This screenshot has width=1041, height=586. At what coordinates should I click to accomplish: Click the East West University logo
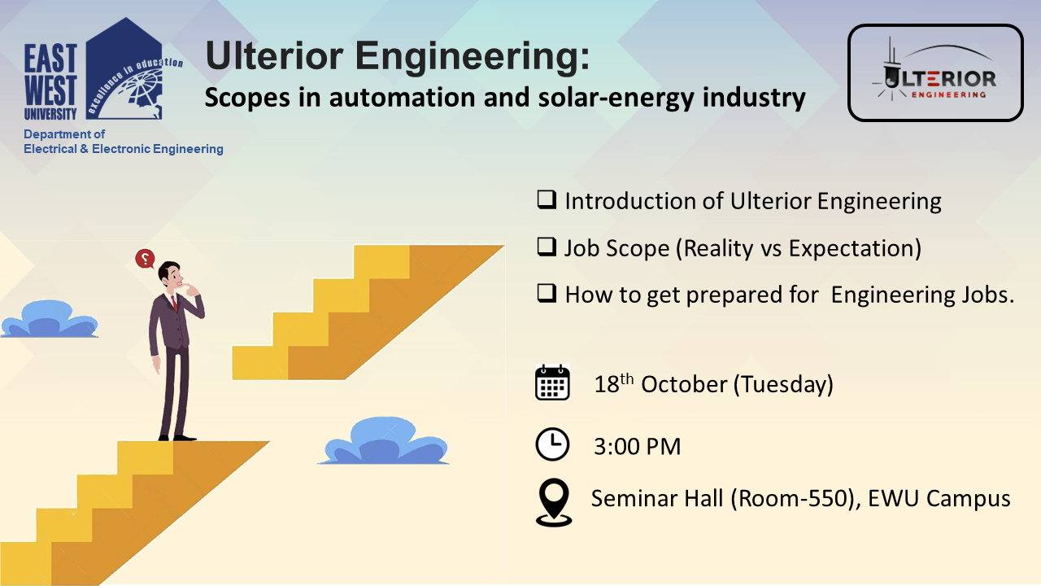pyautogui.click(x=102, y=70)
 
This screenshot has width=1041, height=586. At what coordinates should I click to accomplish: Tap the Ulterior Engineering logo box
pyautogui.click(x=935, y=72)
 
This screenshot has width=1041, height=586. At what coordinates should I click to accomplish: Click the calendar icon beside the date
pyautogui.click(x=552, y=383)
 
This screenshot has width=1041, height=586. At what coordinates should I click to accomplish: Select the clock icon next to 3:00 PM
pyautogui.click(x=552, y=444)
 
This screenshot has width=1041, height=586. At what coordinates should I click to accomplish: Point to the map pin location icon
pyautogui.click(x=554, y=502)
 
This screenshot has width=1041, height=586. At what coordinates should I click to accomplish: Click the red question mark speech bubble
pyautogui.click(x=145, y=259)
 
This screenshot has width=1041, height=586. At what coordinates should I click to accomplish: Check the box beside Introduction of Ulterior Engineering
pyautogui.click(x=547, y=199)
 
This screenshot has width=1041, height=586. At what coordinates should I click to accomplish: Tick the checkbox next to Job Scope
pyautogui.click(x=547, y=247)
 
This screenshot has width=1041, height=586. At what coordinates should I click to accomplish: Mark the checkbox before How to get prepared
pyautogui.click(x=547, y=294)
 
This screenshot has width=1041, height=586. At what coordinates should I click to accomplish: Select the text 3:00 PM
pyautogui.click(x=637, y=447)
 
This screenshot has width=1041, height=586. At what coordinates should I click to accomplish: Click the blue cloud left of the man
pyautogui.click(x=50, y=319)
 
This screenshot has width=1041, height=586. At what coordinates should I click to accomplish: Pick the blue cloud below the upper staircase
pyautogui.click(x=384, y=441)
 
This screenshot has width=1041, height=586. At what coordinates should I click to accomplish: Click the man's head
pyautogui.click(x=171, y=274)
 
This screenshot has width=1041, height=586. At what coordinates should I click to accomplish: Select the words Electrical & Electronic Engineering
pyautogui.click(x=124, y=149)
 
